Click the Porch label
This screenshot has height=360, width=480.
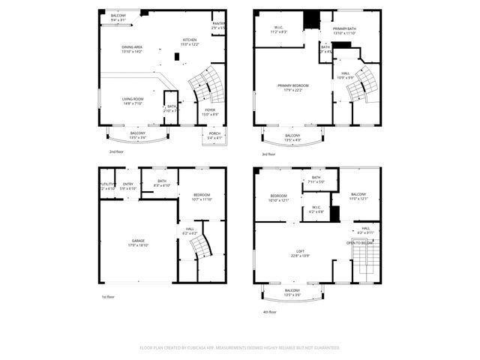(x=214, y=136)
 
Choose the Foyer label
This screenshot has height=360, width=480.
(x=211, y=112)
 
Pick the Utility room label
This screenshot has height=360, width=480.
(x=107, y=186)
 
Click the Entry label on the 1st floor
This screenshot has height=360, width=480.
(x=128, y=186)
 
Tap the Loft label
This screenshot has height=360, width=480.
(x=299, y=254)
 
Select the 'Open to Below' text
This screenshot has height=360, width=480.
(x=360, y=243)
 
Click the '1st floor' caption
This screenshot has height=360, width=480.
(x=108, y=296)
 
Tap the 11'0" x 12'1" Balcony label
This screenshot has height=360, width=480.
(x=359, y=196)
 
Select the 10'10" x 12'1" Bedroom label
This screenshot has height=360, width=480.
(x=279, y=198)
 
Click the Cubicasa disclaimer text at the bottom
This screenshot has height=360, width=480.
(x=239, y=348)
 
